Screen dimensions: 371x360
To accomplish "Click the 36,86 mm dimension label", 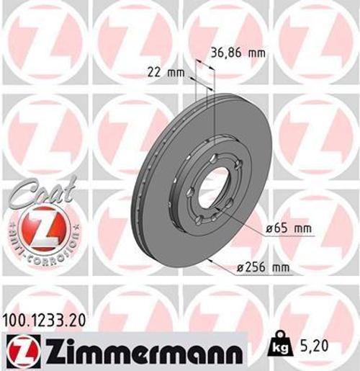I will [235, 52].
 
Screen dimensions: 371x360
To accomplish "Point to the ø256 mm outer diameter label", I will [264, 268].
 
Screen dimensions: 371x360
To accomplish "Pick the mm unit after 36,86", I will [258, 52].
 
